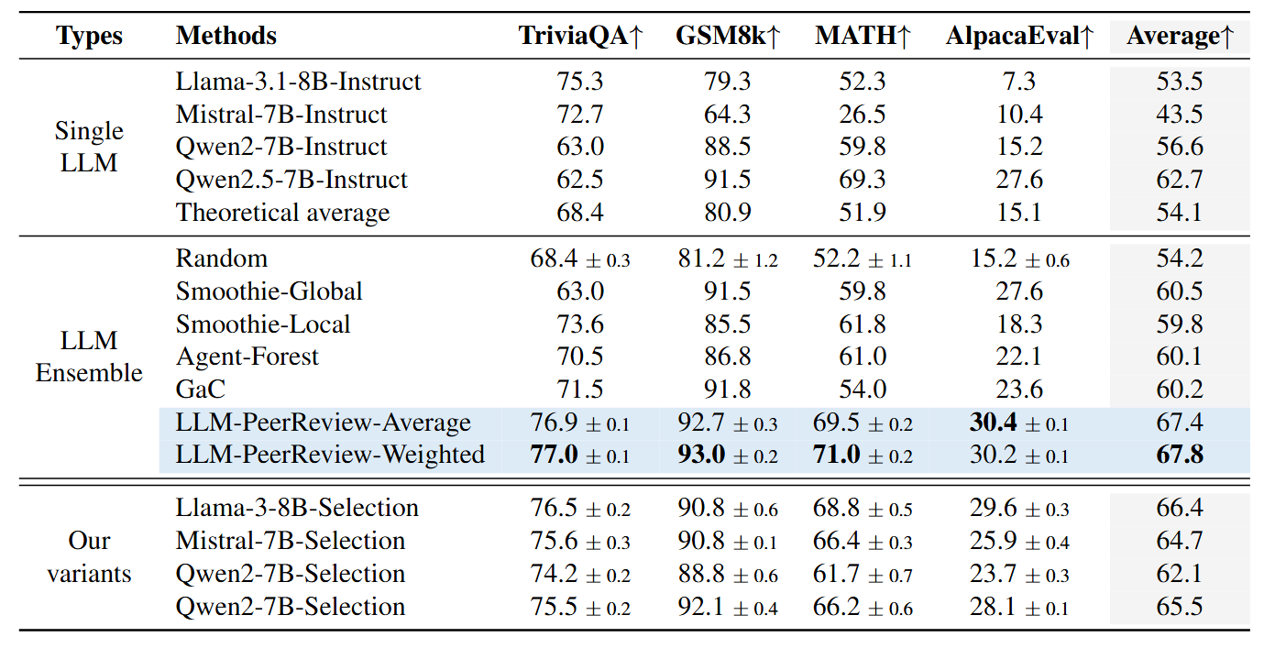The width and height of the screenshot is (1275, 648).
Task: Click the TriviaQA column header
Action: click(x=581, y=36)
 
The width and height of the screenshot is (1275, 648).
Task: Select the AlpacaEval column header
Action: click(x=1019, y=36)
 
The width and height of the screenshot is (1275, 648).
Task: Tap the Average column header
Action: click(x=1180, y=36)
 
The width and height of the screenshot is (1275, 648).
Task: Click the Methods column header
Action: click(x=226, y=36)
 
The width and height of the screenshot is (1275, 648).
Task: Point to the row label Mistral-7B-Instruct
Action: click(x=281, y=115)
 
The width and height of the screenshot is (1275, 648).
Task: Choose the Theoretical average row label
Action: click(x=282, y=213)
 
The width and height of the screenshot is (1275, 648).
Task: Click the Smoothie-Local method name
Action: click(x=263, y=324)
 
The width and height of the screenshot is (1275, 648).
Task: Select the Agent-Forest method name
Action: click(x=247, y=357)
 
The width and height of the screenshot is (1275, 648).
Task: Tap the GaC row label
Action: click(x=201, y=390)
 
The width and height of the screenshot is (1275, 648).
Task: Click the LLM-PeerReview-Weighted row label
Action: click(x=330, y=455)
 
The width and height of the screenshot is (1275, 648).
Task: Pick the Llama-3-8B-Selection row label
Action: click(x=297, y=508)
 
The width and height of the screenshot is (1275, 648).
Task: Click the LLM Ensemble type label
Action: click(x=89, y=357)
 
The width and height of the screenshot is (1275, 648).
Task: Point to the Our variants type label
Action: click(x=89, y=557)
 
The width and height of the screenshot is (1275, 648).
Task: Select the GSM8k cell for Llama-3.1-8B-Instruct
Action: click(x=728, y=82)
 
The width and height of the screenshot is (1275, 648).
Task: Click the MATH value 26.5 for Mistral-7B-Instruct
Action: click(x=862, y=115)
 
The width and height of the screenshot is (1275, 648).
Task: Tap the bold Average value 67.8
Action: click(x=1180, y=455)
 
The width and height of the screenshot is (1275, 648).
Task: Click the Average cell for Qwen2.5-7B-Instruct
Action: click(x=1180, y=180)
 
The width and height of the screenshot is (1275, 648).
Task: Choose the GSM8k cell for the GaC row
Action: click(x=728, y=390)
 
